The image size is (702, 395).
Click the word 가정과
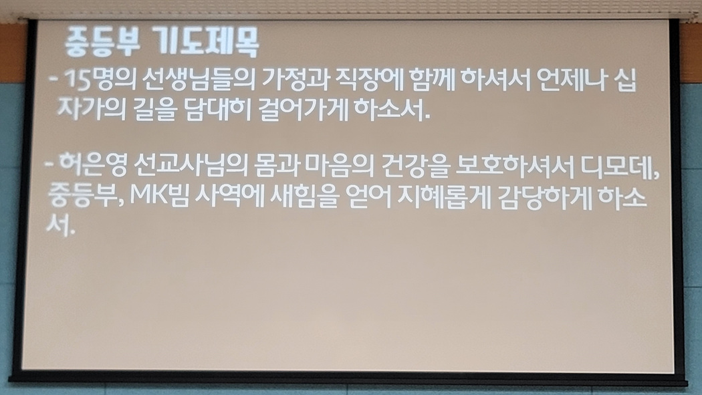pyautogui.click(x=296, y=79)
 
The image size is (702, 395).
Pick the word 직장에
pyautogui.click(x=369, y=79)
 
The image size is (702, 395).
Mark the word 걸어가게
pyautogui.click(x=303, y=110)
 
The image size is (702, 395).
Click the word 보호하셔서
pyautogui.click(x=514, y=166)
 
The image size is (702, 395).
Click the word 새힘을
pyautogui.click(x=304, y=196)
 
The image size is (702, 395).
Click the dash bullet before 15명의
pyautogui.click(x=53, y=80)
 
